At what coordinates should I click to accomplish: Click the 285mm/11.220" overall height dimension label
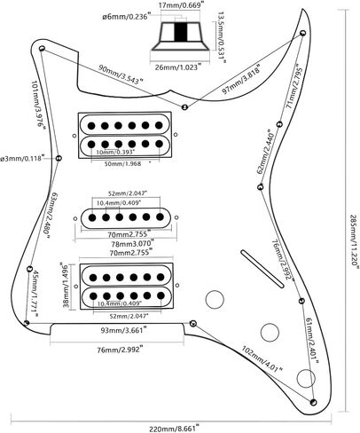point(354,240)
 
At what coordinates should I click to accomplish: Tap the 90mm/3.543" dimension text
point(121,74)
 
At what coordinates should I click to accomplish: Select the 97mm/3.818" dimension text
point(241,79)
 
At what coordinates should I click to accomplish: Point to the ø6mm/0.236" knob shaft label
point(127,16)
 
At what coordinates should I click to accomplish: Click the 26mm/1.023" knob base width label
point(178,67)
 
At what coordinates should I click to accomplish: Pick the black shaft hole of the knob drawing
point(181,32)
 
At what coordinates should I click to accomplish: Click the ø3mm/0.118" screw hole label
point(22,158)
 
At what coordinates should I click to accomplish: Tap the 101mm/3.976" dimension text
point(38,104)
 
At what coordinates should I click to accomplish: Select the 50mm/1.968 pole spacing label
point(127,163)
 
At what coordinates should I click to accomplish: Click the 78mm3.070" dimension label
point(133,243)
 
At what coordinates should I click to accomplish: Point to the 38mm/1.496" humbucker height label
point(66,286)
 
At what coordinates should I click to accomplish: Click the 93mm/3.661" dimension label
point(124,330)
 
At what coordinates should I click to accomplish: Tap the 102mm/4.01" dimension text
point(262,359)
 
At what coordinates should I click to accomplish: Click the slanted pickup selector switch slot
point(262,269)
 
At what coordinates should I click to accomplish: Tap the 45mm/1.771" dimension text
point(34,294)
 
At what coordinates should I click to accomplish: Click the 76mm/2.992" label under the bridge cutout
point(121,350)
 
